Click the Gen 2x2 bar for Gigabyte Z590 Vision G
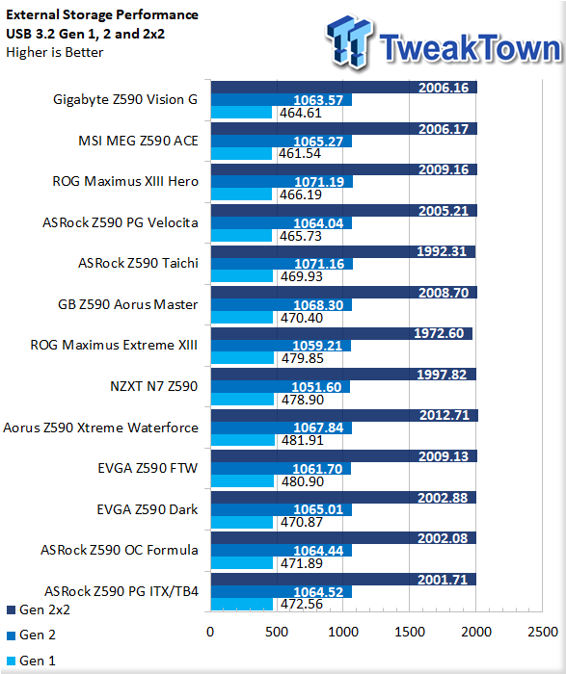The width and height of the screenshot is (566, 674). (x=344, y=88)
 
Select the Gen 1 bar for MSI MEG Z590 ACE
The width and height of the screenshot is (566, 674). (x=241, y=153)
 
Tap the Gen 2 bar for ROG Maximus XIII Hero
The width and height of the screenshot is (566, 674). (x=282, y=182)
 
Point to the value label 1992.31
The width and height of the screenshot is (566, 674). (x=442, y=251)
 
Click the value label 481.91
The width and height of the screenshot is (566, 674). (x=302, y=440)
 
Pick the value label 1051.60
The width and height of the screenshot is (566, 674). (x=317, y=387)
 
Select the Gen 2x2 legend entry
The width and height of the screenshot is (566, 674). (x=39, y=609)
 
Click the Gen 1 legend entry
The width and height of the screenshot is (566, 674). (x=32, y=661)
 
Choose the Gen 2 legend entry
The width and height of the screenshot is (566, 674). (x=32, y=635)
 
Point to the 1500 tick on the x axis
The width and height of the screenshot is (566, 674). (x=410, y=632)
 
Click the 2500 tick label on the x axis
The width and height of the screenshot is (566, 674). (x=543, y=632)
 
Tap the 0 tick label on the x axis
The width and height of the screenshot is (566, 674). (x=210, y=632)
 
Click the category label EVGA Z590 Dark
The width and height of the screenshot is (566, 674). (x=148, y=509)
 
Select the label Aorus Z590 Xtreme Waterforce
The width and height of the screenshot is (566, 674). (x=100, y=428)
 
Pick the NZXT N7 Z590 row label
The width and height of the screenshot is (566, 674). (x=154, y=386)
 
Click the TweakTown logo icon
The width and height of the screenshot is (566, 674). (x=349, y=42)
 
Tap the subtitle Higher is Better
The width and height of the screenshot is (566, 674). (x=55, y=52)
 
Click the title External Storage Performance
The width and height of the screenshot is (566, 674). (x=102, y=14)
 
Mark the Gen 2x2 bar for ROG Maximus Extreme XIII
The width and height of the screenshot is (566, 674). (x=341, y=333)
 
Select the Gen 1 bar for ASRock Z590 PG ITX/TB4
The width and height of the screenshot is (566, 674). (x=242, y=605)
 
